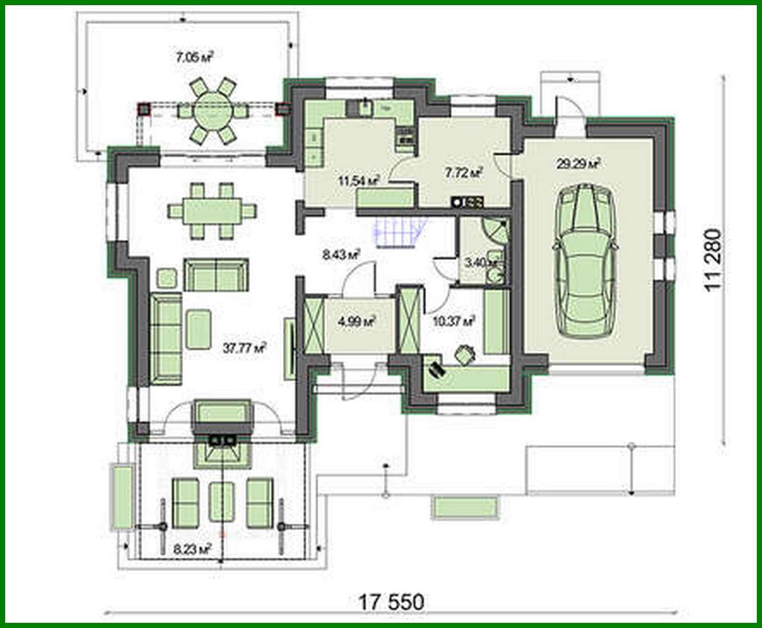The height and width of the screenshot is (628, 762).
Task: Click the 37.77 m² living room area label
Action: (x=244, y=349)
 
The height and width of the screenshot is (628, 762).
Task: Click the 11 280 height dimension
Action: (x=714, y=260)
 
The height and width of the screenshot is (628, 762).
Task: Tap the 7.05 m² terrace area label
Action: (x=195, y=57)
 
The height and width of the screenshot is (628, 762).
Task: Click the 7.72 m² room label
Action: (x=464, y=172)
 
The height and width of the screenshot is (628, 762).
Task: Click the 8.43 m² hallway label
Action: (x=341, y=255)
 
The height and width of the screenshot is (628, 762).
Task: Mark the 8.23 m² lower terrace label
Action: (x=192, y=550)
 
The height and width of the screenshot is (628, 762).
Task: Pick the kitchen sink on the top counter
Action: (x=364, y=105)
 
